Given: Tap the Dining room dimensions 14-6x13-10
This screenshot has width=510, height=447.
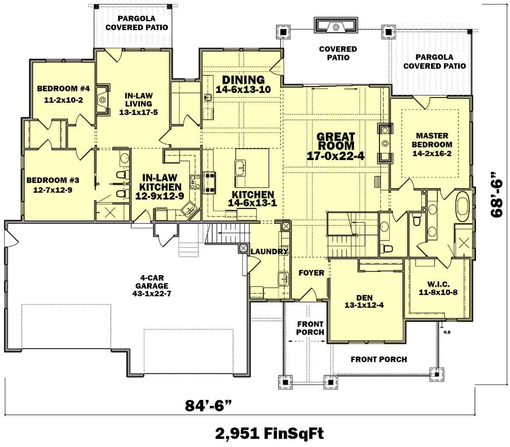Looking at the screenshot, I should pos(243,90).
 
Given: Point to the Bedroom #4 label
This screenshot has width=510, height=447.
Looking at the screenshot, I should pos(63,89).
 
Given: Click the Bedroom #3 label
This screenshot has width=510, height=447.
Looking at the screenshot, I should pos(53,180).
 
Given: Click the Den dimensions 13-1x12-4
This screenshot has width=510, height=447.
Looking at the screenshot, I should pos(364,305).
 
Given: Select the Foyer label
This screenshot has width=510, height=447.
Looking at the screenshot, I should pos(311,273).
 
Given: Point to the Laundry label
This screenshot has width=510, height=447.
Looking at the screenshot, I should pos(269,252).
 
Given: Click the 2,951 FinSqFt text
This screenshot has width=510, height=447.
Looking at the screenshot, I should pos(269,433).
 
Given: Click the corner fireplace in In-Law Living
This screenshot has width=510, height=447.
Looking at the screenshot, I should pos(103,100).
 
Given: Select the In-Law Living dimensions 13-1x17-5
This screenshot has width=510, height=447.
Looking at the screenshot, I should pos(139,112).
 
